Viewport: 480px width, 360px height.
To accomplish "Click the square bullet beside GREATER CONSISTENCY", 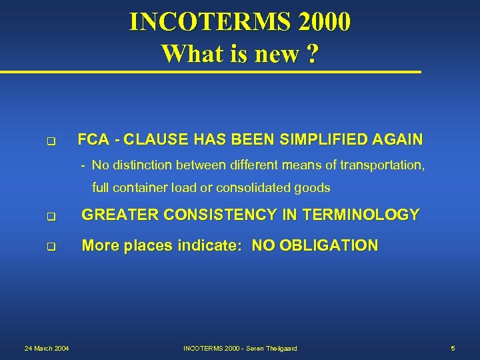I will [x=50, y=217].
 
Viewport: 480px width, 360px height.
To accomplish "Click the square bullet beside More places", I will [x=50, y=247].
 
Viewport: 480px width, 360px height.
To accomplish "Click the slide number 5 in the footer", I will [x=453, y=348].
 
